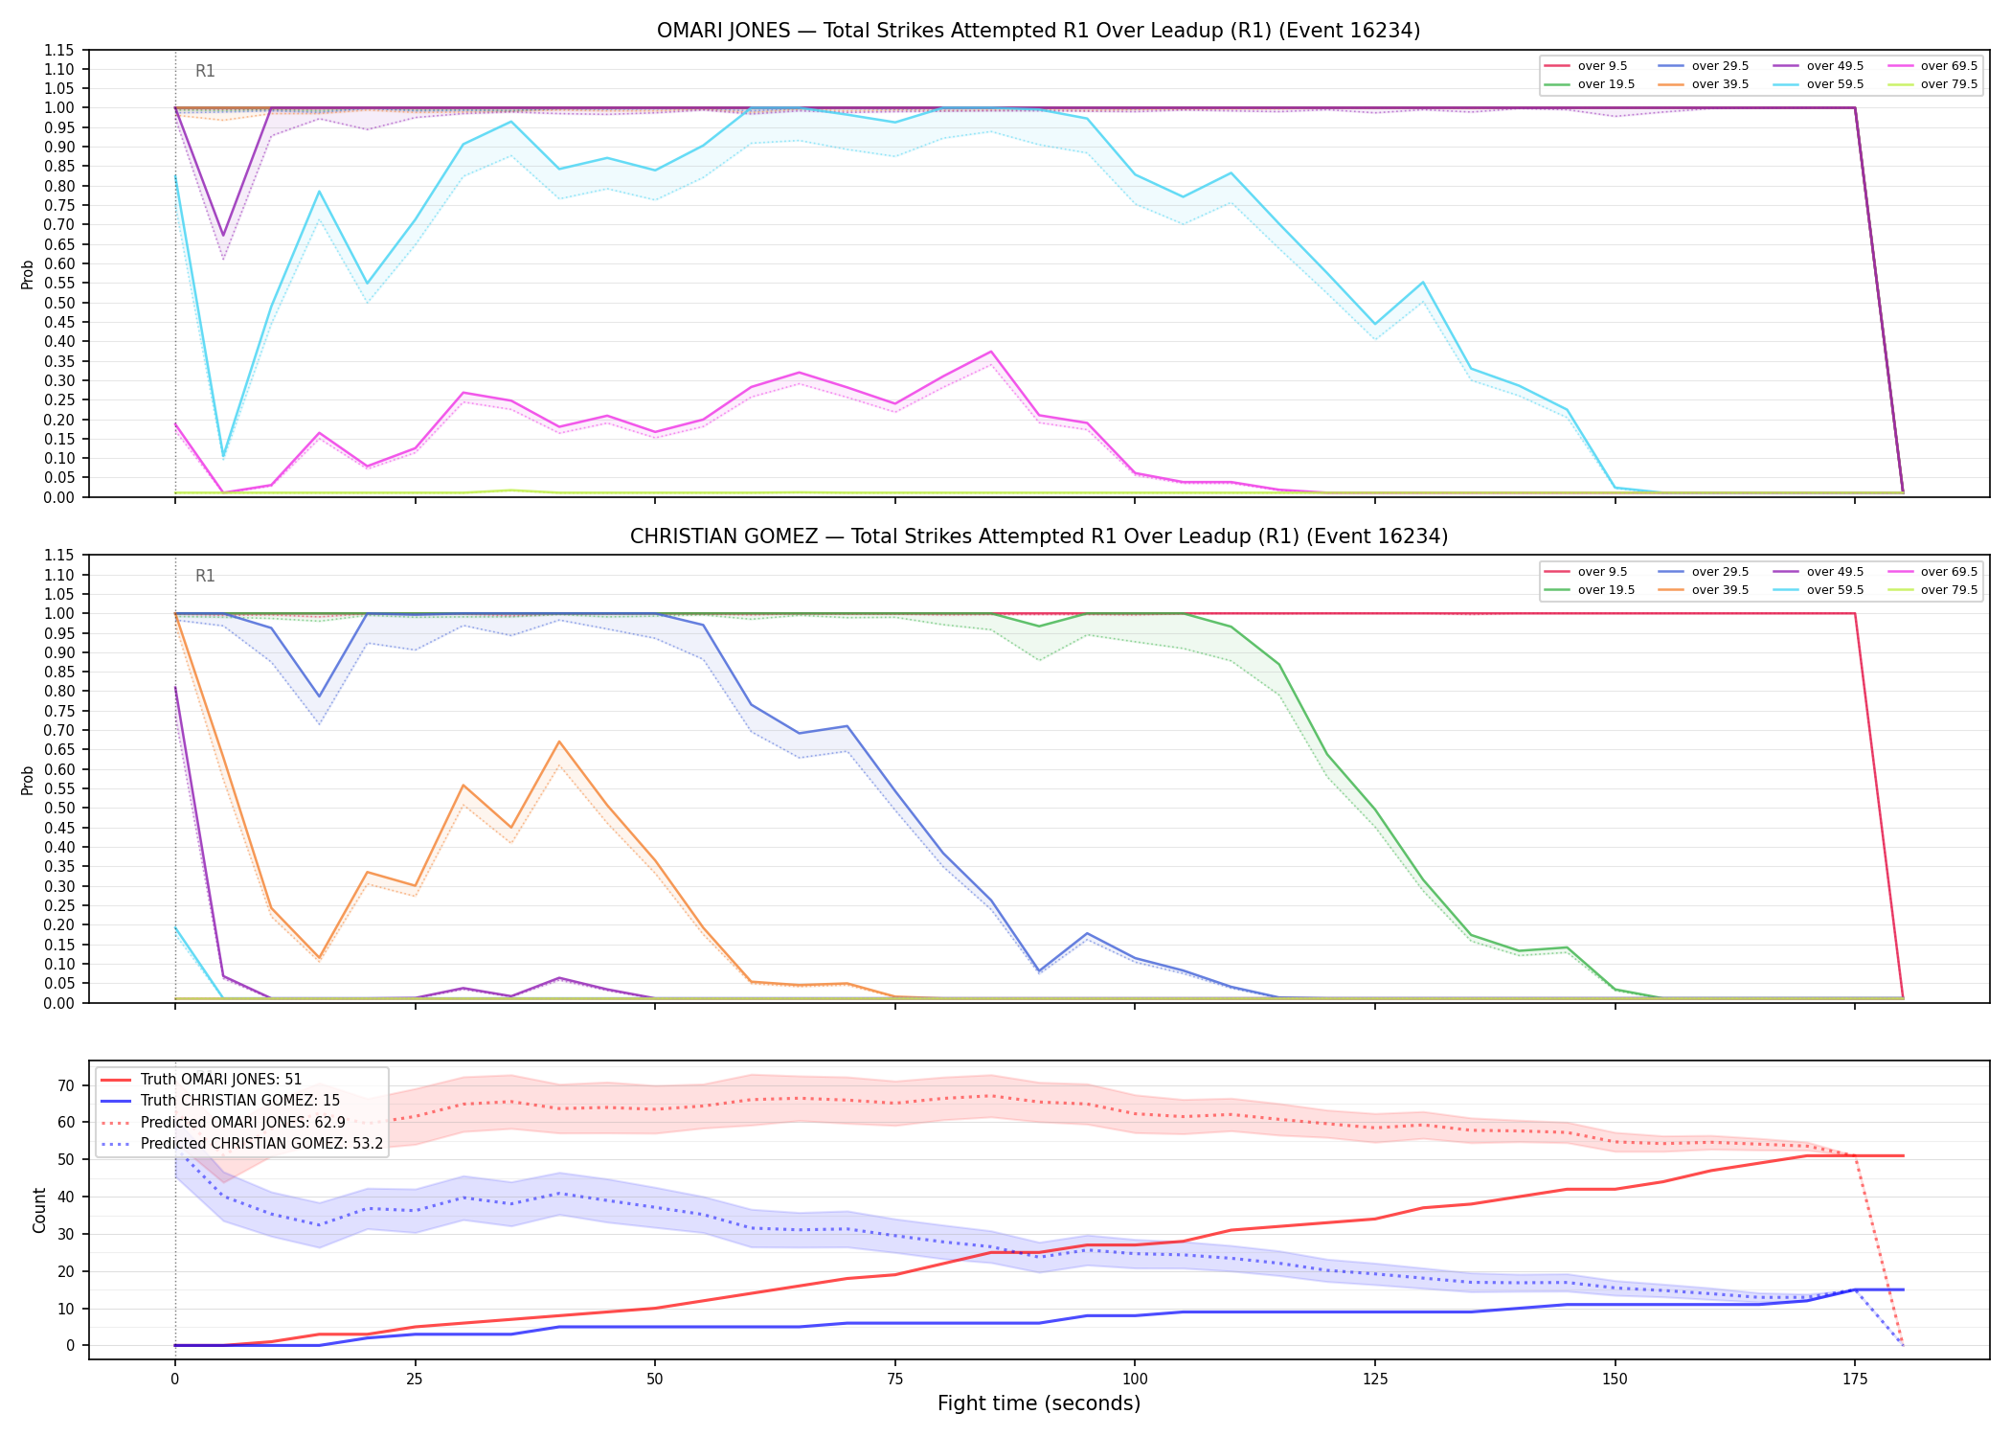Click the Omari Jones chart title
click(1038, 31)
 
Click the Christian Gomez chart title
click(1038, 536)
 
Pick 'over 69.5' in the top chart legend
click(1949, 66)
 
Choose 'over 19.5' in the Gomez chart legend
click(1606, 590)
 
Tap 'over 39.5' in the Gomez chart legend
click(1720, 590)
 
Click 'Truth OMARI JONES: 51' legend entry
click(220, 1080)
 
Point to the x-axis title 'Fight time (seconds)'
click(1039, 1403)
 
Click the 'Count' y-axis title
click(39, 1210)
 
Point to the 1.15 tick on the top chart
click(59, 50)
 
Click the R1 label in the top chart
click(205, 71)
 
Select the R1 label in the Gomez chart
click(205, 576)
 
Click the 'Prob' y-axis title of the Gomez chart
click(28, 780)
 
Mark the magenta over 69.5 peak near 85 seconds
click(991, 352)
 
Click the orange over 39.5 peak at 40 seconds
click(559, 741)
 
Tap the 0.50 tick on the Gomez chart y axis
click(59, 808)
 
